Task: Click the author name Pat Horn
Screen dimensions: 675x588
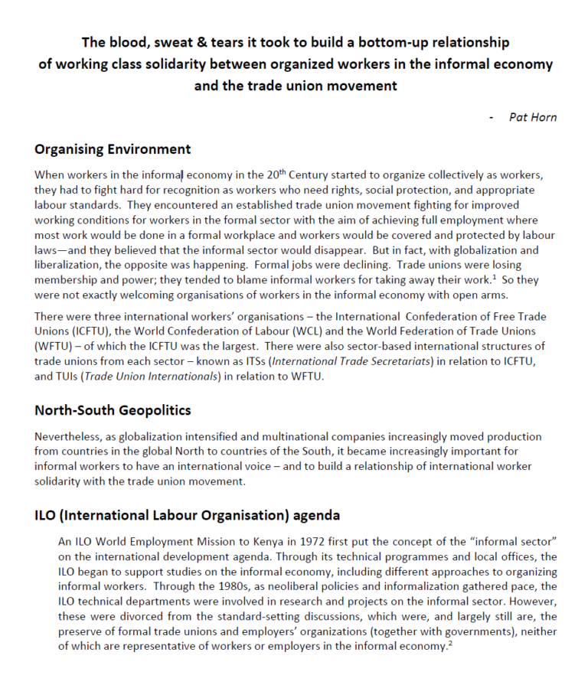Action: coord(533,117)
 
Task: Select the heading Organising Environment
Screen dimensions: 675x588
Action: coord(113,148)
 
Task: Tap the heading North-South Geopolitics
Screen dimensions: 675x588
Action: coord(113,410)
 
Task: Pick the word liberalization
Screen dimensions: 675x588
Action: coord(69,265)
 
